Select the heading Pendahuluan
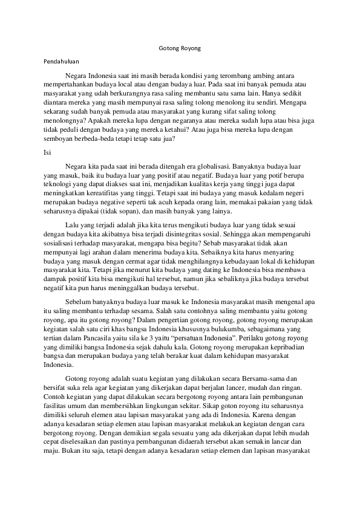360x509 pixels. (x=62, y=61)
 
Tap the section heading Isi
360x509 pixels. (x=48, y=152)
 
